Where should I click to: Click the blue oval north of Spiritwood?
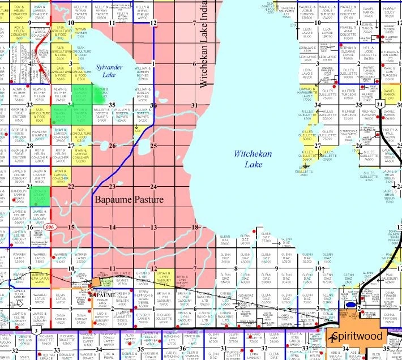[350, 304]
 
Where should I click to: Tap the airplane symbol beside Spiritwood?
[343, 294]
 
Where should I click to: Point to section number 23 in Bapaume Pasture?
[112, 187]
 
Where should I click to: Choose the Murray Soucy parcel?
[389, 11]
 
